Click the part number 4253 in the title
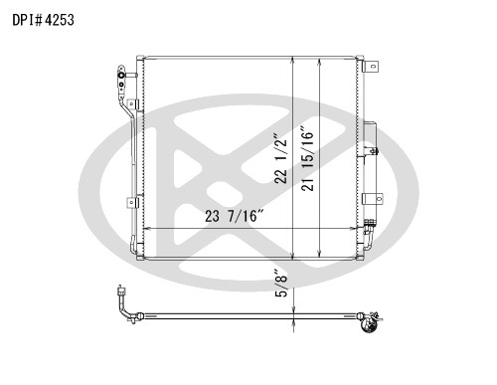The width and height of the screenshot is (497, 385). [59, 20]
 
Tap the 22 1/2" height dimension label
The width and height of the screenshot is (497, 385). [280, 158]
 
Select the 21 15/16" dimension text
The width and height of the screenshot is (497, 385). [307, 158]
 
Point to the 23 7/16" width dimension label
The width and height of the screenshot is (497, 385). [234, 216]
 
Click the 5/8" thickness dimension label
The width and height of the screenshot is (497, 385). [281, 285]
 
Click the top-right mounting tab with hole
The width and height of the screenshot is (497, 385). [371, 67]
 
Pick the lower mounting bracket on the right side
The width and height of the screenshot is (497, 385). [373, 199]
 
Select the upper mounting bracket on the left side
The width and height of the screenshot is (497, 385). [132, 104]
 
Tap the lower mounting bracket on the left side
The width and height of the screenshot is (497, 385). [132, 202]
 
